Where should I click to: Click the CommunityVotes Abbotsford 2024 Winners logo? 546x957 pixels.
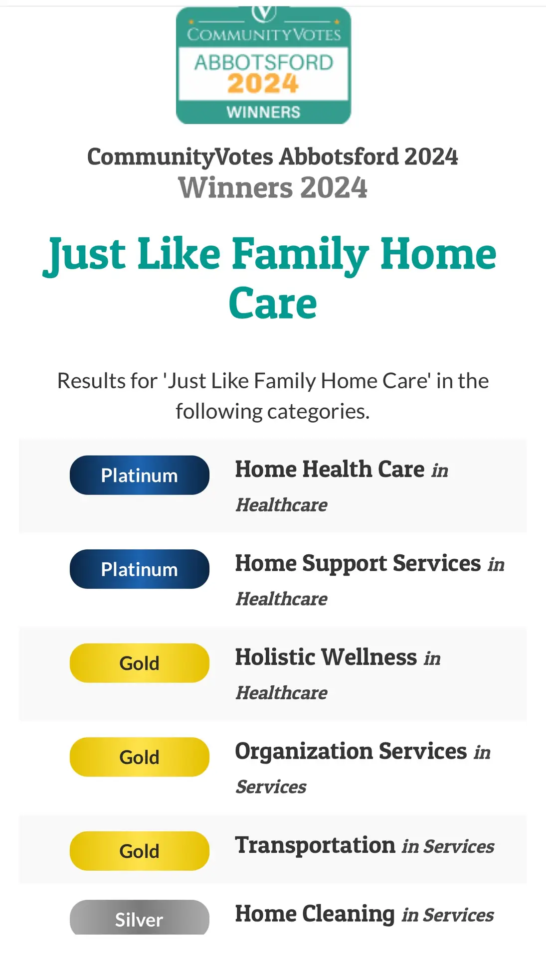(263, 65)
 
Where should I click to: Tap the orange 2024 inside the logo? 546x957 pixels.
(263, 84)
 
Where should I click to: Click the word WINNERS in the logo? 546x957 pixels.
(263, 112)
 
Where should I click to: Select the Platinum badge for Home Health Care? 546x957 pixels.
(140, 475)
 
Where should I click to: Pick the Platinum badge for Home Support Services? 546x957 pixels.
(140, 569)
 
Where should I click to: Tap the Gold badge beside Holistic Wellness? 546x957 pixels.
(140, 663)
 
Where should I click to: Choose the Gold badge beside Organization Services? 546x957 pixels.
(140, 757)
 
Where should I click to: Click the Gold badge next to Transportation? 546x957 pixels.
(140, 851)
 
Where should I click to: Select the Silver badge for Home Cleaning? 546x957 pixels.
(140, 918)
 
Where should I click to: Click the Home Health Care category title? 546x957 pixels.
(330, 469)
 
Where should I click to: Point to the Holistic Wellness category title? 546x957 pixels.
(326, 657)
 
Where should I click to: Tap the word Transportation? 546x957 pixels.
(315, 845)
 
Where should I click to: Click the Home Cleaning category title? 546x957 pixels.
(315, 914)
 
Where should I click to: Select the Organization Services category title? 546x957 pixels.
(351, 751)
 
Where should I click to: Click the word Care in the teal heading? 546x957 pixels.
(273, 303)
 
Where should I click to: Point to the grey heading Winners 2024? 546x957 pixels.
(273, 187)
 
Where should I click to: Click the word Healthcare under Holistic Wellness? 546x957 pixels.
(282, 693)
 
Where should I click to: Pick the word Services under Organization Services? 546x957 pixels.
(271, 787)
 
